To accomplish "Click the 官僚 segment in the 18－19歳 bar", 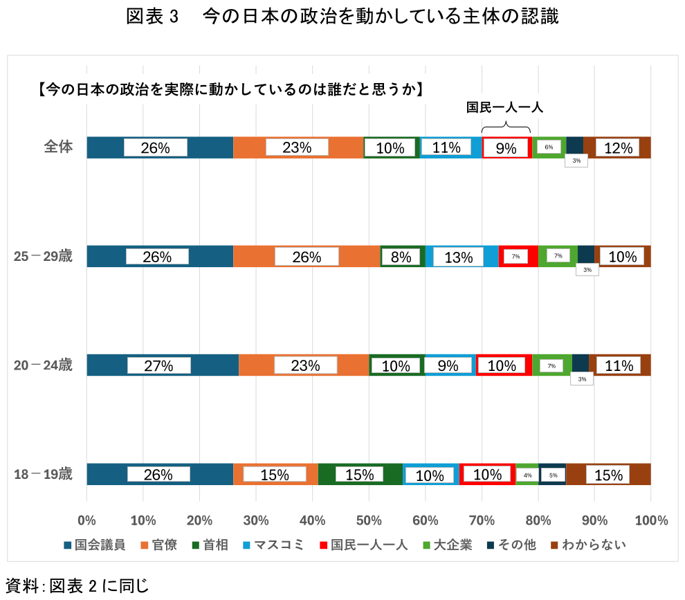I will [275, 474].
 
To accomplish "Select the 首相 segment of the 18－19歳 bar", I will [360, 474].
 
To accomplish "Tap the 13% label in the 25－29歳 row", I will [458, 257].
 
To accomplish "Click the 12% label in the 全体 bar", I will [618, 147].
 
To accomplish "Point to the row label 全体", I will [58, 147].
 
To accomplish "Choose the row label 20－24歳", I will [43, 365].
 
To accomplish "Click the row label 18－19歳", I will [43, 474].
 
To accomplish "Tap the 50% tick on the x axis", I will [369, 520].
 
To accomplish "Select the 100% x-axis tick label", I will [650, 520].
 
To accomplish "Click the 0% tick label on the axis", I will [86, 520].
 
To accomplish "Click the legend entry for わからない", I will [587, 545].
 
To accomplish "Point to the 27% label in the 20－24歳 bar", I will [158, 365].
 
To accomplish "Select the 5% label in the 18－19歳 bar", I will [553, 475].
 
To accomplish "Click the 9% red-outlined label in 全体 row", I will [506, 147].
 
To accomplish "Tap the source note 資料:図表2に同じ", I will [77, 586].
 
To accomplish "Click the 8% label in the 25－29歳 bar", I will [401, 257].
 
